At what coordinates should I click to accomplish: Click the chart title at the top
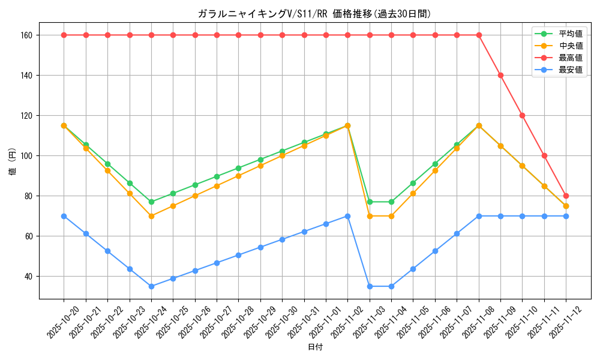pos(314,14)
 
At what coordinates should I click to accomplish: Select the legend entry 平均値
pos(571,34)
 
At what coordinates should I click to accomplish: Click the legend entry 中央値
pos(571,46)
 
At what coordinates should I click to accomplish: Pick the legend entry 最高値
pos(571,58)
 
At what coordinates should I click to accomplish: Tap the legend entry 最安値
pos(571,70)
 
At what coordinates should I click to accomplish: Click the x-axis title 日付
pos(314,347)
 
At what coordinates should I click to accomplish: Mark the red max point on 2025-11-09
pos(500,76)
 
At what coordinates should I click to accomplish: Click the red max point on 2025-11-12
pos(566,196)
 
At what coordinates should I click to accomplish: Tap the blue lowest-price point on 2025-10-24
pos(151,286)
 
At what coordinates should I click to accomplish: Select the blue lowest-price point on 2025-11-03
pos(370,286)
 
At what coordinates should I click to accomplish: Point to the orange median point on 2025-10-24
pos(151,216)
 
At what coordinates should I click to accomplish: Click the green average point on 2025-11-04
pos(391,202)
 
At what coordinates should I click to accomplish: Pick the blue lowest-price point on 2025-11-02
pos(347,216)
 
